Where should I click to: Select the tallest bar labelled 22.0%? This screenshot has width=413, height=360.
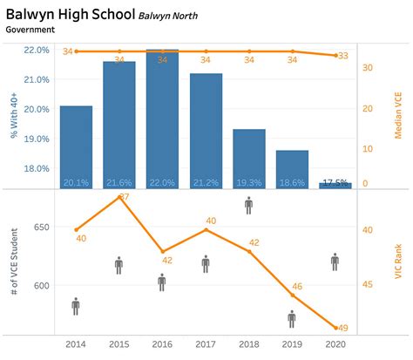(162, 119)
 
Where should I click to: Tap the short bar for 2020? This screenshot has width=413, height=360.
(335, 185)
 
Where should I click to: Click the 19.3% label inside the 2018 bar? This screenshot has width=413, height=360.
(248, 182)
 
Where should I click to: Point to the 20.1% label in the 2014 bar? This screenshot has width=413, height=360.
(76, 182)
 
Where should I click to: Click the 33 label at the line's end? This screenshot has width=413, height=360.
(342, 55)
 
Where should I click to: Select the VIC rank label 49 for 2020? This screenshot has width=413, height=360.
(342, 328)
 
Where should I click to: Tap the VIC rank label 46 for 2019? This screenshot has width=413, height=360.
(297, 287)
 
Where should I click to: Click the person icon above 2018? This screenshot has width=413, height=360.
(248, 205)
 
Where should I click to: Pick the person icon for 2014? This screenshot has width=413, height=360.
(76, 305)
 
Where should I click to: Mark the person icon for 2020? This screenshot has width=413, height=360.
(335, 261)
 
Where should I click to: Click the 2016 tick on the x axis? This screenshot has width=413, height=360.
(162, 344)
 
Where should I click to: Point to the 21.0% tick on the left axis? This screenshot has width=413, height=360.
(36, 79)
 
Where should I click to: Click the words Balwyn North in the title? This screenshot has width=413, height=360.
(180, 15)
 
